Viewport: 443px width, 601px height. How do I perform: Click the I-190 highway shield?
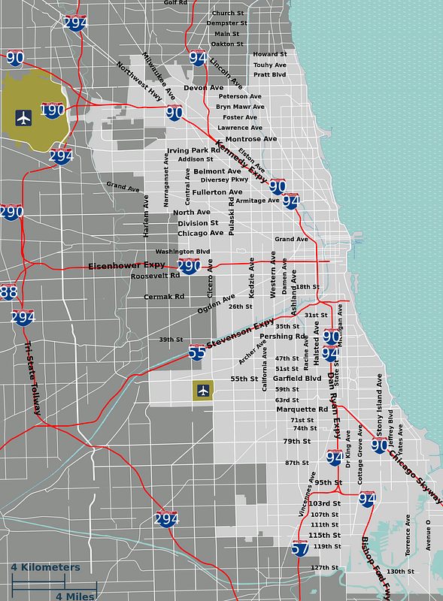tap(53, 111)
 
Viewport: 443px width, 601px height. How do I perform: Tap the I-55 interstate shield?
tap(197, 352)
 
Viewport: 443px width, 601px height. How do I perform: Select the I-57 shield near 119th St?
tap(300, 548)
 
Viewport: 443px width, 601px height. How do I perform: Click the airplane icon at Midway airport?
tap(202, 390)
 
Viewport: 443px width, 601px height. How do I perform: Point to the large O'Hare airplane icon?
tap(24, 118)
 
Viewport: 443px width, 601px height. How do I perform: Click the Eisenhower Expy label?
tap(126, 265)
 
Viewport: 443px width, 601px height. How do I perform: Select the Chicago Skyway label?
tap(416, 478)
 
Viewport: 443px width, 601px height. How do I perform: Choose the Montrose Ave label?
tap(251, 139)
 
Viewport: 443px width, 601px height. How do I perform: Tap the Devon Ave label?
tap(204, 88)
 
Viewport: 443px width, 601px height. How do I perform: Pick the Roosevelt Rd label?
tap(155, 276)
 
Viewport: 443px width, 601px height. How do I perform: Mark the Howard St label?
tap(270, 54)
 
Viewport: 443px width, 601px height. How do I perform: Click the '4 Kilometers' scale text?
tap(45, 566)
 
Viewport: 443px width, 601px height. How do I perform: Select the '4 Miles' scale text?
tap(75, 596)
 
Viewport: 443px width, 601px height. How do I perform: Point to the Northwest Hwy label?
tap(139, 81)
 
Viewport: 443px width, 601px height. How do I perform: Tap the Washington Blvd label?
tap(183, 252)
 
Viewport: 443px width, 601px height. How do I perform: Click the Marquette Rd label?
tap(302, 409)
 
